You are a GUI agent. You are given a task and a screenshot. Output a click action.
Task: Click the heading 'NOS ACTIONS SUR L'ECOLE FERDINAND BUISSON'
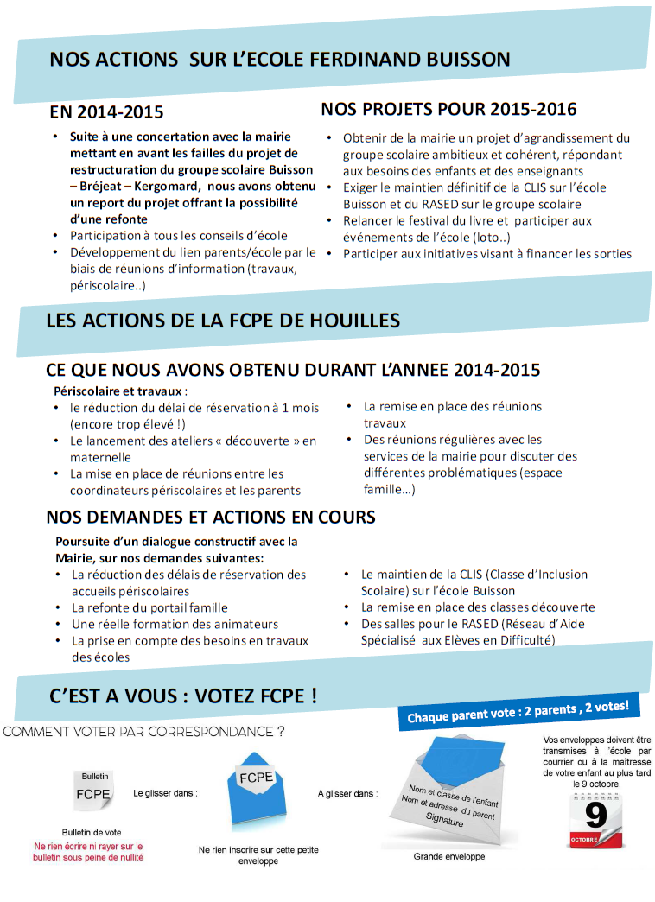coord(279,60)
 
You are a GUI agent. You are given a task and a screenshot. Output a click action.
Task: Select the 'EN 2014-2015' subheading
coord(106,111)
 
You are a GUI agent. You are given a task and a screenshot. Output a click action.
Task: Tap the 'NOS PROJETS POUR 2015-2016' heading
coord(448,109)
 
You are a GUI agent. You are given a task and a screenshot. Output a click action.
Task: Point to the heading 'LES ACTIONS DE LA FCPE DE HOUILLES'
coord(223,321)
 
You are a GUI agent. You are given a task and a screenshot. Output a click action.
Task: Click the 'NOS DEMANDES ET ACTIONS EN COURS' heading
coord(211,517)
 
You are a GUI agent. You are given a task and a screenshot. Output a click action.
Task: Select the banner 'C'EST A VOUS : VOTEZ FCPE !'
coord(183,696)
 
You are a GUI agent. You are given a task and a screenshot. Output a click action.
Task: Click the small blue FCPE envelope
coord(257,796)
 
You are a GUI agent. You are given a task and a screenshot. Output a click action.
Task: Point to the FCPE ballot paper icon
coord(93,793)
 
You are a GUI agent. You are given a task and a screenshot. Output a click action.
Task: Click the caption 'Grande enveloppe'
coord(449,856)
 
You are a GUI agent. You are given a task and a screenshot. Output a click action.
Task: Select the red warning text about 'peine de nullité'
coord(88,852)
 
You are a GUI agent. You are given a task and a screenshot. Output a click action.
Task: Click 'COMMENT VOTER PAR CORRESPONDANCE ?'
coord(144,732)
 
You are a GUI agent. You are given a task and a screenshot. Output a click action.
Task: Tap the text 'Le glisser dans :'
coord(165,792)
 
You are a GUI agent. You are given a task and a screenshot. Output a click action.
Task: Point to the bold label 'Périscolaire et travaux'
coord(120,391)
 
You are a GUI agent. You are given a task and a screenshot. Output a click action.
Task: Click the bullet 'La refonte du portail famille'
coord(149,607)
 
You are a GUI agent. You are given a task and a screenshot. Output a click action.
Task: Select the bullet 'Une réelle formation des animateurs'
coord(175,624)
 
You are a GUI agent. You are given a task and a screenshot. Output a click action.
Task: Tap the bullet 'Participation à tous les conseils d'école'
coord(179,235)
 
